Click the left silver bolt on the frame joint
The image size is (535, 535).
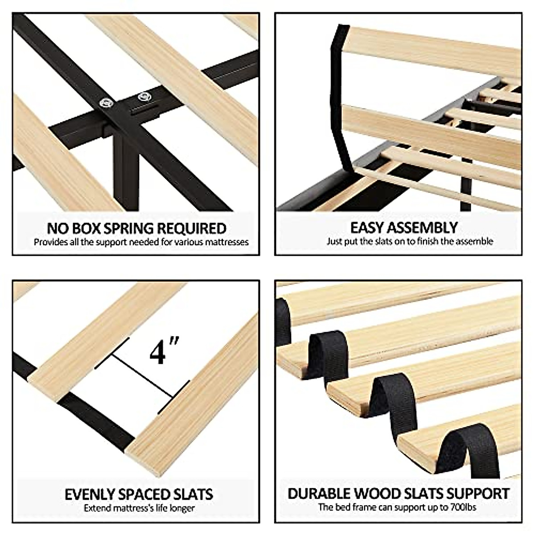tap(107, 103)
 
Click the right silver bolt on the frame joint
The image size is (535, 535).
tap(143, 96)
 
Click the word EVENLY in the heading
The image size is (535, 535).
tap(90, 494)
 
